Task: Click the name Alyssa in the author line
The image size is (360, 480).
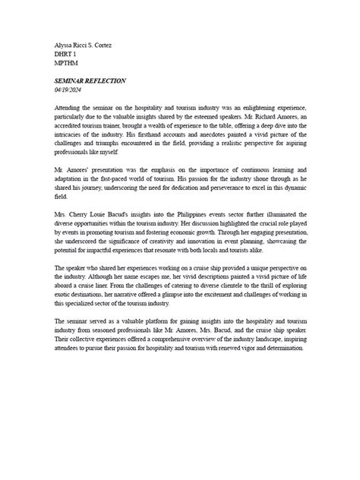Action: point(64,45)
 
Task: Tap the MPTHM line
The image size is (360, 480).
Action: point(66,65)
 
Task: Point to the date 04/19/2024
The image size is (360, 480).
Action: point(71,90)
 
